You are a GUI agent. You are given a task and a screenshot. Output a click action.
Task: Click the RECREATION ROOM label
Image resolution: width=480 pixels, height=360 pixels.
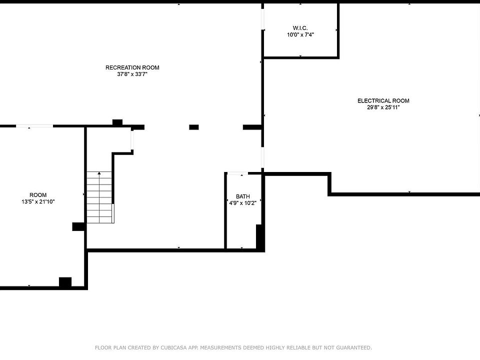point(132,67)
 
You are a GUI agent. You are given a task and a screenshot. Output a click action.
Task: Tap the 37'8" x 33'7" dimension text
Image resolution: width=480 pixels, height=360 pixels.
point(132,74)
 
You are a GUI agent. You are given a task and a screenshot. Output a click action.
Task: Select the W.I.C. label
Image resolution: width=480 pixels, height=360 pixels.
point(300,28)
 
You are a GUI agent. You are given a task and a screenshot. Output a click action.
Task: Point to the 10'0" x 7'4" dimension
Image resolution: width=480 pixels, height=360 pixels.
point(300,34)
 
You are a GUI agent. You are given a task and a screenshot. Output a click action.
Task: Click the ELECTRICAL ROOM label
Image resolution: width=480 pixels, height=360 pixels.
point(383,100)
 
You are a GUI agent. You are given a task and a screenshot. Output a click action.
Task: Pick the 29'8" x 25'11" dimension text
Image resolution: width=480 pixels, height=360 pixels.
point(383,107)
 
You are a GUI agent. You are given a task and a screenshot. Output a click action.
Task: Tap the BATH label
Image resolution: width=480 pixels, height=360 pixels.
point(243,196)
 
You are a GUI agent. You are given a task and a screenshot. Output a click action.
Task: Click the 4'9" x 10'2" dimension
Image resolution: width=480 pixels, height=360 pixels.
point(243,203)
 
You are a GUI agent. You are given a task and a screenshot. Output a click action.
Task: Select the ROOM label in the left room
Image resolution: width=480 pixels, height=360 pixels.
point(38,195)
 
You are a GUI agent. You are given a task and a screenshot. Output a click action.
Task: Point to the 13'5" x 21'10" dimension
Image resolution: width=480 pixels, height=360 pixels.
point(38,201)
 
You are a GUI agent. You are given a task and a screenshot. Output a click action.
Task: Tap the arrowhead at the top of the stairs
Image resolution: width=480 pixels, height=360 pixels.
point(99,173)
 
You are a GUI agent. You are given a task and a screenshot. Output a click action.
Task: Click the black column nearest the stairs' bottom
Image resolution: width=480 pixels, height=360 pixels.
point(78,226)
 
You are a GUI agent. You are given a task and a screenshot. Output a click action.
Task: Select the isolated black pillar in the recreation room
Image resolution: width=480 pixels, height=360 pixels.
point(194,127)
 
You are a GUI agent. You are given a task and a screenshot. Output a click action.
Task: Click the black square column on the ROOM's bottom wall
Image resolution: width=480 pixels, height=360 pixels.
point(65,282)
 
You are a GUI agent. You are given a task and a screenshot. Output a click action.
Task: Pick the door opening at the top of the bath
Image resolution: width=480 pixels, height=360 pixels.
point(237,173)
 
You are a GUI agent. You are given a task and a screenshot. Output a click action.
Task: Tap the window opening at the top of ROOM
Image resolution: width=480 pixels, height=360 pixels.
point(34,126)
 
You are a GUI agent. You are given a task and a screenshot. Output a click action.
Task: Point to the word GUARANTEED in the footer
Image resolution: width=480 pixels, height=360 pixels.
point(354,348)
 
